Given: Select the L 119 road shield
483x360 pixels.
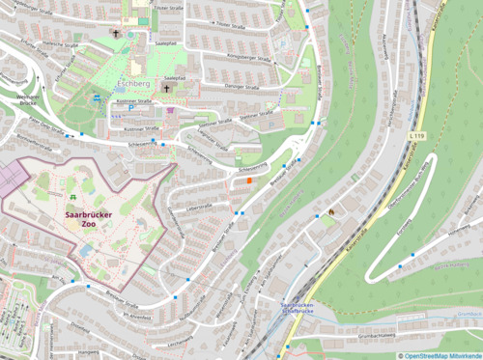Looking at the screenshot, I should click(x=416, y=137).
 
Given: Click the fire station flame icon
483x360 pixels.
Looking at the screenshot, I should click(x=331, y=210).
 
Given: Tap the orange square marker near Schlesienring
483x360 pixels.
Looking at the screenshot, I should click(x=249, y=179).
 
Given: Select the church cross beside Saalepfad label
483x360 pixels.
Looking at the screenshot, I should click(x=165, y=88).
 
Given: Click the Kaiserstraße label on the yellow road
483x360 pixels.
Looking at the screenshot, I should click(x=355, y=230).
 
